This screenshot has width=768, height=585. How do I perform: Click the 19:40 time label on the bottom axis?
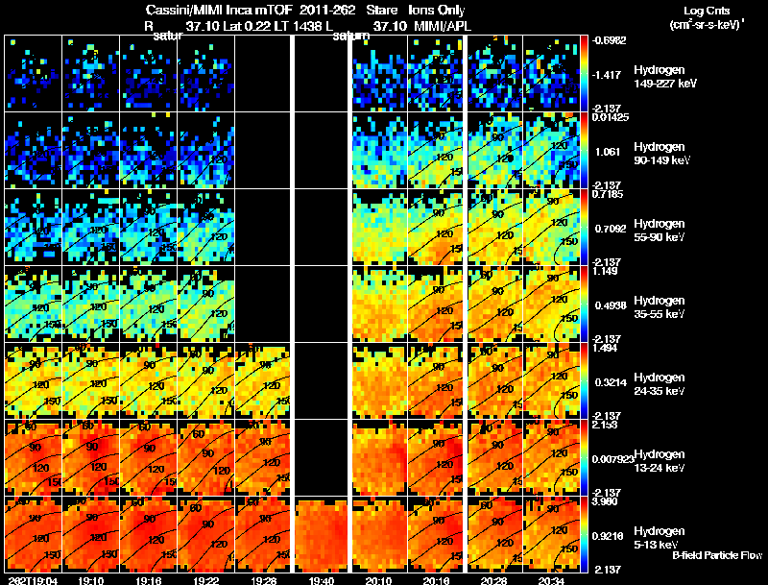pyautogui.click(x=322, y=580)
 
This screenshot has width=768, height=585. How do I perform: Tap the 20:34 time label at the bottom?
pyautogui.click(x=553, y=580)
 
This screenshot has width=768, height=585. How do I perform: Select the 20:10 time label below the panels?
pyautogui.click(x=379, y=580)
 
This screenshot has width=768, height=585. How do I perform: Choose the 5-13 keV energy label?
pyautogui.click(x=658, y=537)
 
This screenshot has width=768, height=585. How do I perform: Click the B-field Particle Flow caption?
pyautogui.click(x=717, y=555)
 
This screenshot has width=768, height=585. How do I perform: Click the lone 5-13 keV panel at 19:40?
pyautogui.click(x=322, y=532)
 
